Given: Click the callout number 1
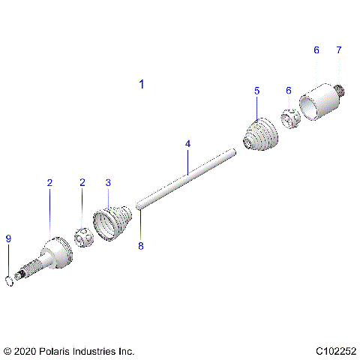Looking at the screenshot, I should click(142, 84).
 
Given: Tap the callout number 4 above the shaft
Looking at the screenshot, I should click(188, 143).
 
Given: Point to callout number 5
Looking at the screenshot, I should click(256, 91).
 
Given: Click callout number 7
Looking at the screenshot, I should click(338, 50).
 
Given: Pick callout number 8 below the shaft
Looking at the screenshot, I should click(140, 244).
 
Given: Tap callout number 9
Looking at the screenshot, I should click(8, 238).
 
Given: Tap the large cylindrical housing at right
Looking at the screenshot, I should click(319, 102).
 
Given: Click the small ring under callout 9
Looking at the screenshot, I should click(9, 281).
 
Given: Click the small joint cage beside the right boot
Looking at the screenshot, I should click(291, 118).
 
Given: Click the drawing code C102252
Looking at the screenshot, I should click(335, 351).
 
